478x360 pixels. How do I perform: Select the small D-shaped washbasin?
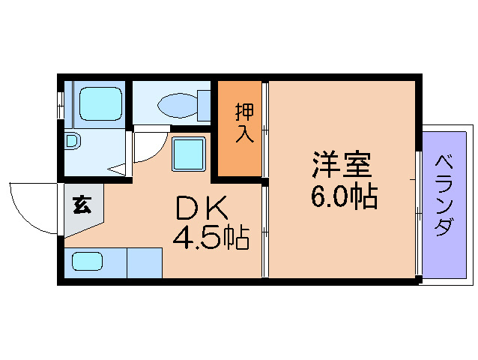71,140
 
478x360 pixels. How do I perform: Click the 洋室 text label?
342,163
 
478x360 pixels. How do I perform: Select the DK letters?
199,207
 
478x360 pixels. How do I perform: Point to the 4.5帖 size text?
211,238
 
